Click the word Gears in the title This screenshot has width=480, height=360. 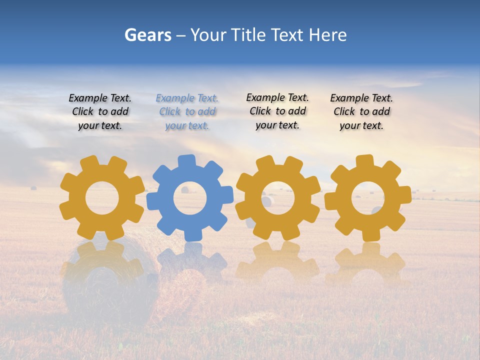coord(147,35)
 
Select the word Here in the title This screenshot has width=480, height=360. coord(327,35)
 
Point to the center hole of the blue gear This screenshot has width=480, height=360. coord(190,198)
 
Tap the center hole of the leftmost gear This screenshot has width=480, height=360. coord(102,198)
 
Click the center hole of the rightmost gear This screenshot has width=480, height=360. coord(367,198)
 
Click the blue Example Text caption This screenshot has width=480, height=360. coord(187,112)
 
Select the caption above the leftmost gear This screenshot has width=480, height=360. coord(100,112)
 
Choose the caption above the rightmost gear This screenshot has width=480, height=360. coord(361,112)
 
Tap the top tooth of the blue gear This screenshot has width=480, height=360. coord(186,161)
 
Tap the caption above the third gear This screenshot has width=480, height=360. coord(277,111)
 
